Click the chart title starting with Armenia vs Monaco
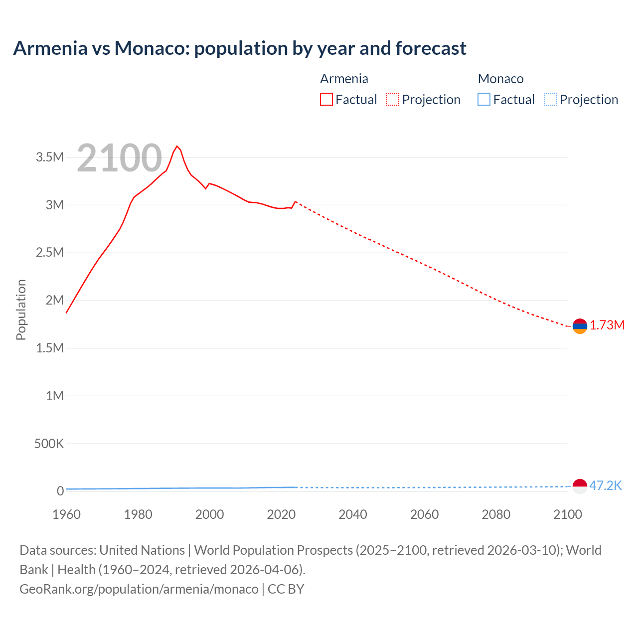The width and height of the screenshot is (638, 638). tap(240, 48)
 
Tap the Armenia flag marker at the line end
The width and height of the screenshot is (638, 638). tap(580, 326)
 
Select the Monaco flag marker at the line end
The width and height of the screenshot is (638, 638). tap(580, 486)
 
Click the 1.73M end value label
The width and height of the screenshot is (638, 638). tap(607, 325)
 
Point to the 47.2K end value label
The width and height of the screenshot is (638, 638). tap(606, 486)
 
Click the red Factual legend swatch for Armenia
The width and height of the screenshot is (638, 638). tap(326, 100)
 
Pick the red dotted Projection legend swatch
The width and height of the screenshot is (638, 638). tap(393, 100)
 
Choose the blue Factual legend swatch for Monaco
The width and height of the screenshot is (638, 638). tap(484, 100)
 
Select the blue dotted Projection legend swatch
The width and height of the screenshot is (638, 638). tap(551, 100)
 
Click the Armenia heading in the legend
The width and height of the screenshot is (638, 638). tap(344, 79)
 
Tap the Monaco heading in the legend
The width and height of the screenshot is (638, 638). tap(500, 79)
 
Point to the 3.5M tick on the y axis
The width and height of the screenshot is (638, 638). tap(50, 158)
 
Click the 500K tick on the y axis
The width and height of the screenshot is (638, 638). tap(49, 444)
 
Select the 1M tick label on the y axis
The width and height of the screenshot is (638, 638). tap(55, 396)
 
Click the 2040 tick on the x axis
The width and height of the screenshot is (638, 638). tap(353, 514)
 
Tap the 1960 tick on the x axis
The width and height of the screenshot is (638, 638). tap(66, 514)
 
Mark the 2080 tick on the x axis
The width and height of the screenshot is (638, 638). tap(496, 514)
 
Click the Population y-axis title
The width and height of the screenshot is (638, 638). tap(21, 310)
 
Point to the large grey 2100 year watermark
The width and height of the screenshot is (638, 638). tap(120, 159)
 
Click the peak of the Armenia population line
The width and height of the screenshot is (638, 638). tap(177, 146)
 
